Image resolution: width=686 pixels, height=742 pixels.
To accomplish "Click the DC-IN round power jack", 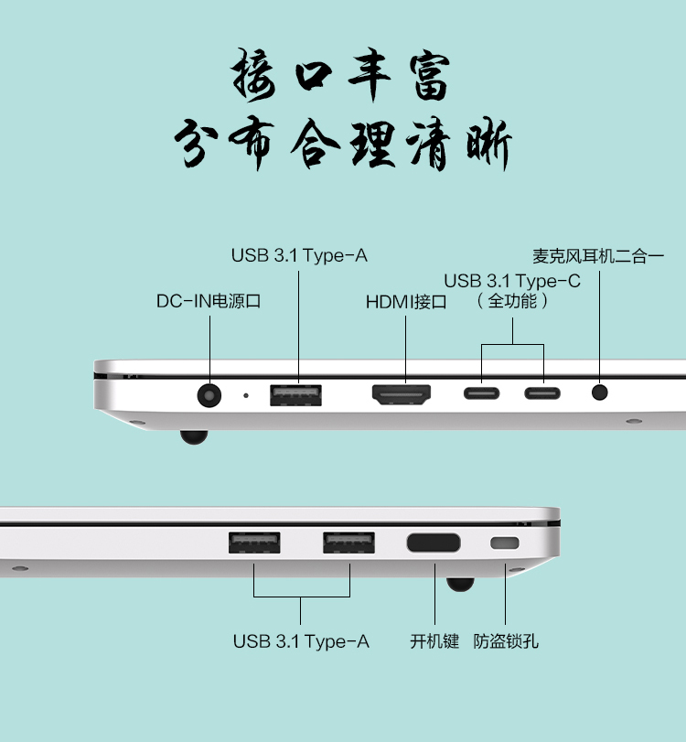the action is coord(209,394).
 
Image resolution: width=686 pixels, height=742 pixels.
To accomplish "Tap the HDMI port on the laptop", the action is coord(402,394).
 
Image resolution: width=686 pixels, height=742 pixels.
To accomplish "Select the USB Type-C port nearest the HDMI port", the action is coord(482,393).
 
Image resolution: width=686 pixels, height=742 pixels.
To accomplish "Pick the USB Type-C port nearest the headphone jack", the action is coord(542,393).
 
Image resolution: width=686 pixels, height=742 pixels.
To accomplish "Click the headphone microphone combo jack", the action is coord(599,393).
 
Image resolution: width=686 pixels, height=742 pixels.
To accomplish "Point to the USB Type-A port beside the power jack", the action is coord(295,395).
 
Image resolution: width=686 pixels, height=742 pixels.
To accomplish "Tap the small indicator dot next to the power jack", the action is coord(245,395).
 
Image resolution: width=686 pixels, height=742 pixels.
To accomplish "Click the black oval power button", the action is coord(434,543).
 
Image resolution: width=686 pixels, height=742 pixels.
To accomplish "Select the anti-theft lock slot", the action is coord(505,543).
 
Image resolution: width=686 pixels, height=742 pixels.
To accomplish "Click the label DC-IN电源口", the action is coord(209,301).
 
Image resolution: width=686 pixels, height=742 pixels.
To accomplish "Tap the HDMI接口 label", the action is coord(406,302).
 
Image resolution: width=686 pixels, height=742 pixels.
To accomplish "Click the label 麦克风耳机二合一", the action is coord(598,256).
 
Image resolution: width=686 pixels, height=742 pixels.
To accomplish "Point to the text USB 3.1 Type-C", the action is coord(512,281).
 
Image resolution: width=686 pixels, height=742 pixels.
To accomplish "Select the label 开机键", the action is coord(434,641).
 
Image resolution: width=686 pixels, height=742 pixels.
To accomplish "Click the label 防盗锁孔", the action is coord(506,641).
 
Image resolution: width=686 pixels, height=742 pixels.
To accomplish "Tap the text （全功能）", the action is coord(512,301).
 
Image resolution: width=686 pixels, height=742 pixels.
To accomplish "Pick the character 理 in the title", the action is coord(373,143).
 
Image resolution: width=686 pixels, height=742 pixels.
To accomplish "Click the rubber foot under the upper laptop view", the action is coord(194,436).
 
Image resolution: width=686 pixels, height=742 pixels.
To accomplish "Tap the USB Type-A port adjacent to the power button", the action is coord(349,543).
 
